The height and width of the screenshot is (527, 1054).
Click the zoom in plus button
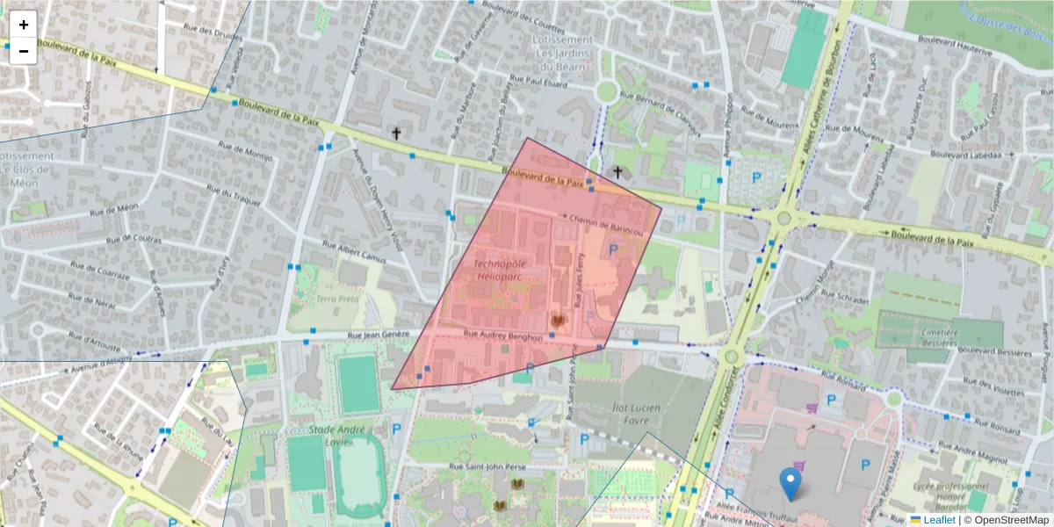pyautogui.click(x=23, y=25)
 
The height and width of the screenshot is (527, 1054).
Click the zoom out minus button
pyautogui.click(x=23, y=51)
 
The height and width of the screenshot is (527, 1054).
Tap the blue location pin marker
pyautogui.click(x=790, y=484)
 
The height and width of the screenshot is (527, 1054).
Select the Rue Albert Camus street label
pyautogui.click(x=354, y=252)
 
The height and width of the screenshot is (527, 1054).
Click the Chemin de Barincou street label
pyautogui.click(x=607, y=226)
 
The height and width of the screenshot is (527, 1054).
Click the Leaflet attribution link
pyautogui.click(x=938, y=520)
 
